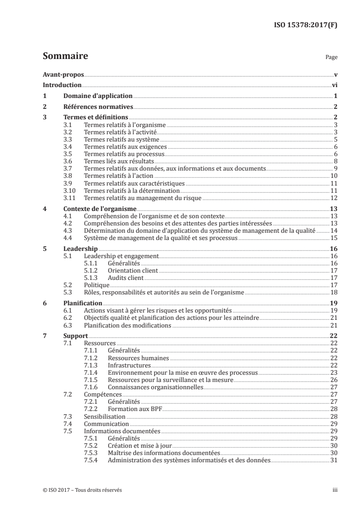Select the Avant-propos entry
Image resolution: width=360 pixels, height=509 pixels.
click(x=64, y=74)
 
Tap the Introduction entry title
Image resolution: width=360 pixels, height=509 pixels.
click(x=62, y=85)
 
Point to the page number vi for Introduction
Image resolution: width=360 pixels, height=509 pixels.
click(x=334, y=85)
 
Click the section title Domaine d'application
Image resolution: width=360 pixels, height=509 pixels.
click(x=98, y=96)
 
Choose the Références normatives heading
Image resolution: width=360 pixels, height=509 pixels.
click(x=98, y=107)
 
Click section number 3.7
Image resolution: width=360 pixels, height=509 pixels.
click(x=68, y=169)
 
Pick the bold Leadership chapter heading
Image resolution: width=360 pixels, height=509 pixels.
click(x=80, y=249)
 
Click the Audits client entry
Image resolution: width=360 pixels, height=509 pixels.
click(x=126, y=278)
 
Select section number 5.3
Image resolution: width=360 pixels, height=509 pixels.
click(x=68, y=293)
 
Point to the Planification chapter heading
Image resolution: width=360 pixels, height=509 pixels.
click(x=83, y=303)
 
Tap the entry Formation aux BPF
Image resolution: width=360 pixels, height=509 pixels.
click(x=134, y=409)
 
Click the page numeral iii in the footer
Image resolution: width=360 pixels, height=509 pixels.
click(x=334, y=490)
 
